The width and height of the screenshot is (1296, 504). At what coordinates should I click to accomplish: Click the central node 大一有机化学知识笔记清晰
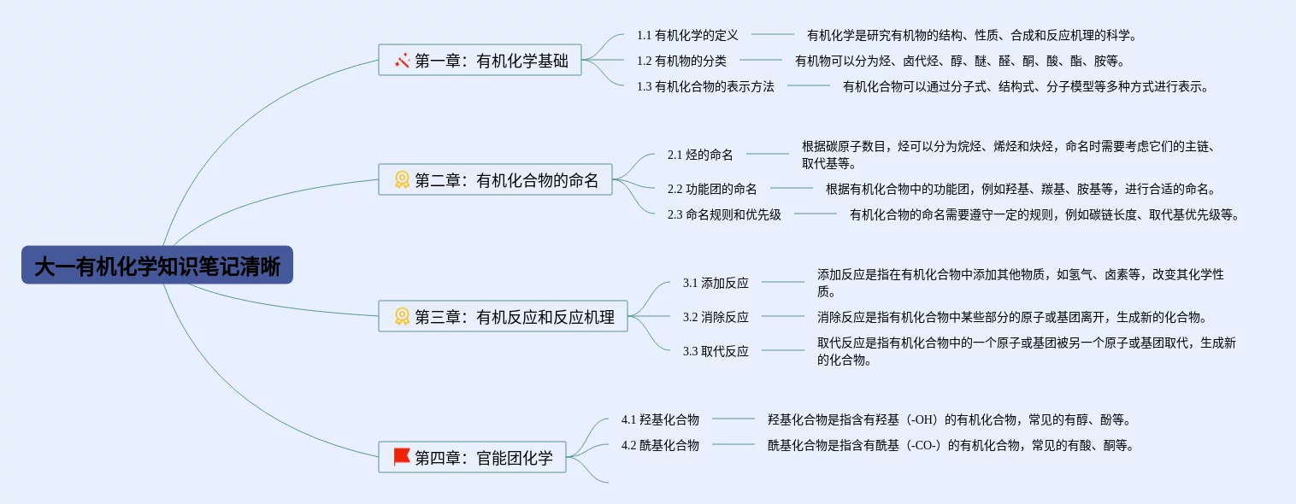click(x=157, y=265)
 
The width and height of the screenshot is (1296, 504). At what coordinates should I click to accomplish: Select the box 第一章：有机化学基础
click(x=480, y=60)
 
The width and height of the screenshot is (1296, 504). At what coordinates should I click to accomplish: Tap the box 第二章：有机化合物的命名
click(x=495, y=179)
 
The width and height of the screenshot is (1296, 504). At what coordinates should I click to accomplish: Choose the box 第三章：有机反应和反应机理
click(x=503, y=316)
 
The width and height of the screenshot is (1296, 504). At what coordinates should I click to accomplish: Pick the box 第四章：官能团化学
click(x=472, y=457)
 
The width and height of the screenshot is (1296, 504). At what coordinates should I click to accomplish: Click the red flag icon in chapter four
click(x=402, y=457)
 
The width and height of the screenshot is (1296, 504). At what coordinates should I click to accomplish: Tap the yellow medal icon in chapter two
click(x=402, y=179)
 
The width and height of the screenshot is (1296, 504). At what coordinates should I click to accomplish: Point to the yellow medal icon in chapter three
click(x=402, y=316)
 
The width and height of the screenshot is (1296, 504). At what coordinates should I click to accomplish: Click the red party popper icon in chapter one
click(x=402, y=60)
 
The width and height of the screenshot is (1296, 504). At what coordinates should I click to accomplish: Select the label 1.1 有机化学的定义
click(x=687, y=35)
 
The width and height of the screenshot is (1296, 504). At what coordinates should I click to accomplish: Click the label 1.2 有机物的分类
click(x=681, y=61)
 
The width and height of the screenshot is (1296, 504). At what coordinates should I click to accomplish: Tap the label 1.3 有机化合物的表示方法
click(x=705, y=86)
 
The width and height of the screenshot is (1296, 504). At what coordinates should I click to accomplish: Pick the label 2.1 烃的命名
click(x=700, y=155)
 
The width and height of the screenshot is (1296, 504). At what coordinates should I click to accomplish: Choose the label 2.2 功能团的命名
click(x=712, y=189)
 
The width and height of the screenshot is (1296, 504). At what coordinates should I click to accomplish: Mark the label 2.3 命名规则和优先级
click(x=724, y=215)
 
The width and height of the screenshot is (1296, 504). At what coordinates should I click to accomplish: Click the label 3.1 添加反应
click(x=716, y=284)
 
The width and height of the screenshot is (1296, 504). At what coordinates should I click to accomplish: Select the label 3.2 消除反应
click(x=716, y=317)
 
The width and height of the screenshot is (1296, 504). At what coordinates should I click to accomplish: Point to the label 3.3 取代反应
click(x=716, y=351)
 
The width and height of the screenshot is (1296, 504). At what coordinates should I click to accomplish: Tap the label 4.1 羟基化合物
click(x=660, y=419)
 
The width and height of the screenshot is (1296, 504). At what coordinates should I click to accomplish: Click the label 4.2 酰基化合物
click(x=660, y=446)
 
